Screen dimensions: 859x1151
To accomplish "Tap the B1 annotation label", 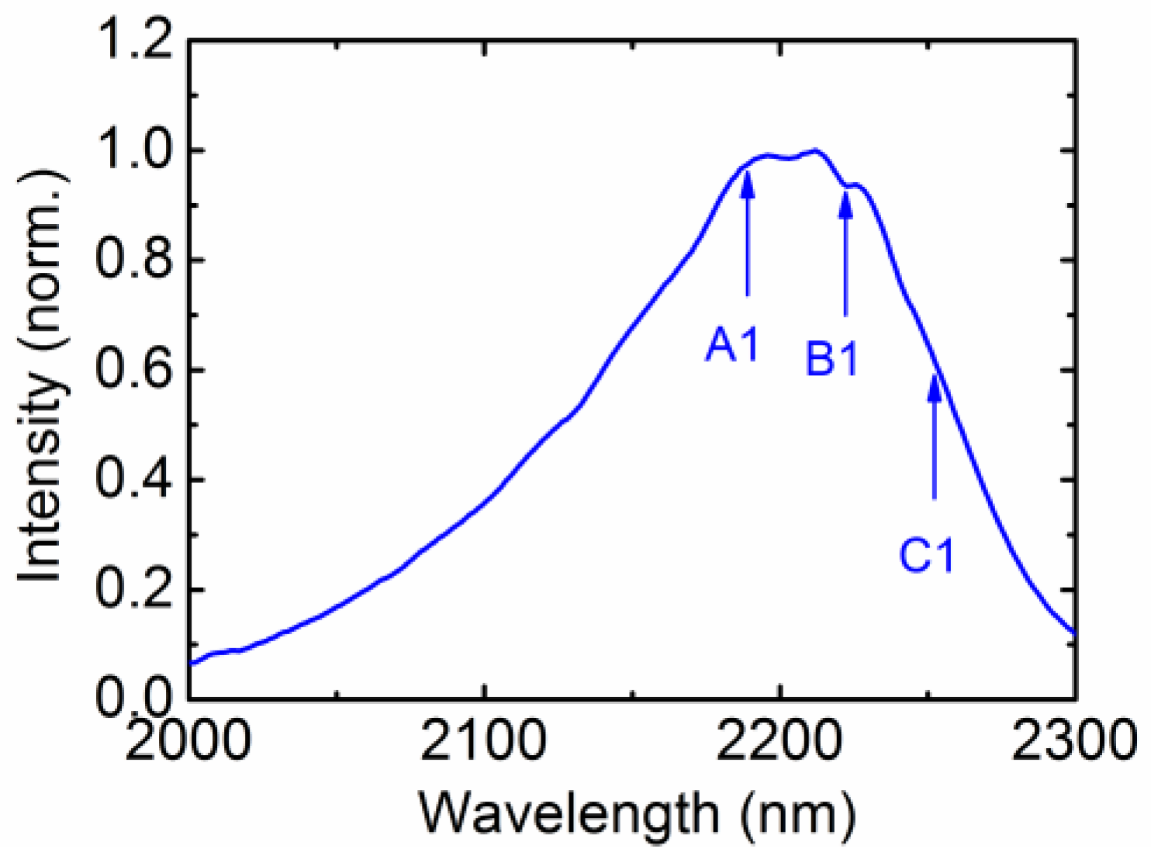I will (832, 359).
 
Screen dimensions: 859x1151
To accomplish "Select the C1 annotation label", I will (927, 555).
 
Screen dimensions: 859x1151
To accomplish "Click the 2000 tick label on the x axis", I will (188, 741).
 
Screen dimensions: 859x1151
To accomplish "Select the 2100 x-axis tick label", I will (484, 741).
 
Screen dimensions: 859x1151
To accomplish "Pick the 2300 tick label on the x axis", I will (1075, 741).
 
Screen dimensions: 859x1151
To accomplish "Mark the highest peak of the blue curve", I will (815, 150).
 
